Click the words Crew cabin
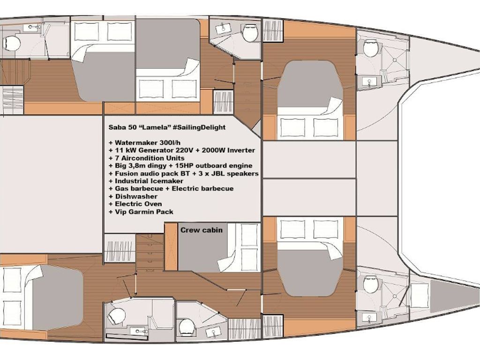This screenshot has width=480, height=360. pos(202,230)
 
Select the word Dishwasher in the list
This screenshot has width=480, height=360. pos(136,196)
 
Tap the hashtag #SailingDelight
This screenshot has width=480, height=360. pos(199,127)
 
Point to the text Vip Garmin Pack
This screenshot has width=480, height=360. pos(144,212)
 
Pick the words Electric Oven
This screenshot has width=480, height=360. pos(138,204)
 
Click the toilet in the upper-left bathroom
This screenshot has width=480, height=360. pos(12,44)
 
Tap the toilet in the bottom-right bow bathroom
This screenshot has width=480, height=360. pos(371,284)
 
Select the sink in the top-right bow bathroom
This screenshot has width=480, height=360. pos(369,82)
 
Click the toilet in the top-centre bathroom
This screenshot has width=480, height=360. pos(250,33)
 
